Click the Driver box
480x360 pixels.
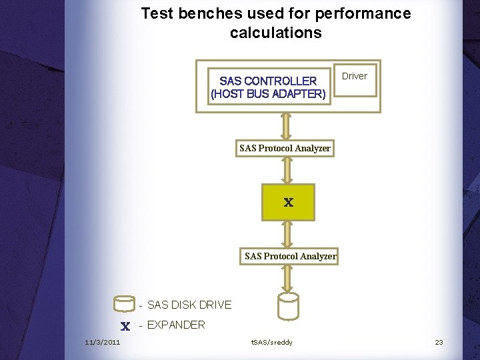point(354,76)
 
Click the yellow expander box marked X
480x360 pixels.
point(288,202)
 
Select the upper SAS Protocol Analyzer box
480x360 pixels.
point(285,148)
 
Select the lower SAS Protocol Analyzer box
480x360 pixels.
point(290,256)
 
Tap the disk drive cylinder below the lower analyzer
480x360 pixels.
point(288,306)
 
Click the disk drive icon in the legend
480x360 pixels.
point(125,305)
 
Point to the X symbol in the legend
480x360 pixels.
point(125,326)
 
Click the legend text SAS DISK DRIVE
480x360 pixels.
point(189,305)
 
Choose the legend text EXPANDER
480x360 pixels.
point(176,325)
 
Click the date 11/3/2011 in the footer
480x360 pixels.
point(103,343)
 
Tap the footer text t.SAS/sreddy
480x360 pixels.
point(271,343)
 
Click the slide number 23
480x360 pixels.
point(439,343)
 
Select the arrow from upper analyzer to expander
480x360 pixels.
point(288,170)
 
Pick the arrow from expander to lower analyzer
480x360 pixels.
point(288,233)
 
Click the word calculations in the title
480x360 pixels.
point(275,33)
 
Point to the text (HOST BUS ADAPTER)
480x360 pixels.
point(268,94)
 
